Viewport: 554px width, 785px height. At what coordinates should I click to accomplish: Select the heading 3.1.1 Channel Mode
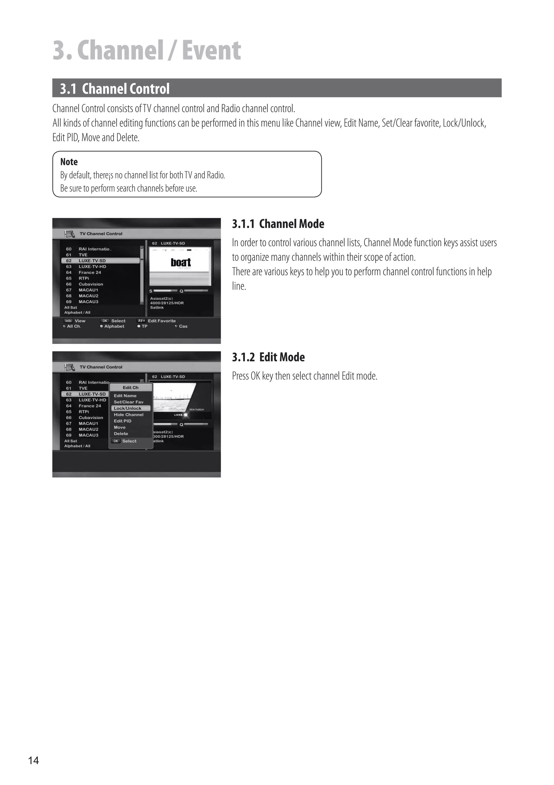(278, 224)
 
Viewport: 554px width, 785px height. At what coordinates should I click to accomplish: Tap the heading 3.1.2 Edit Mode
(268, 357)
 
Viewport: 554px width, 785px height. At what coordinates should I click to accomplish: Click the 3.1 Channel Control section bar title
(115, 89)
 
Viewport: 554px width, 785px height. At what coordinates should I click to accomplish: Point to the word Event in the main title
(211, 50)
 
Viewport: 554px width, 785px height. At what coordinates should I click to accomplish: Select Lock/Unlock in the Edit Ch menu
(127, 408)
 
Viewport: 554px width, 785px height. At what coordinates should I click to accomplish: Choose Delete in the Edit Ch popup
(121, 434)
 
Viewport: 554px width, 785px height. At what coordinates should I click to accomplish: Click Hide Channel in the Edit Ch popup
(128, 415)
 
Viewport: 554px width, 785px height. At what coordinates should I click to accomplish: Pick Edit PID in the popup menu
(123, 421)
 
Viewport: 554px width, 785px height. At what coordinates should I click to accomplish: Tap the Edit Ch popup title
(130, 387)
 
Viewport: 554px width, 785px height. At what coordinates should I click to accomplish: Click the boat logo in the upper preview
(180, 263)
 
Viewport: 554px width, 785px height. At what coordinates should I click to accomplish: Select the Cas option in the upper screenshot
(183, 326)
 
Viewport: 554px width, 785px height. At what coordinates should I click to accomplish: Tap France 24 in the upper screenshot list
(90, 273)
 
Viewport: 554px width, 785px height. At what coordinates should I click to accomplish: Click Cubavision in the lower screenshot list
(91, 417)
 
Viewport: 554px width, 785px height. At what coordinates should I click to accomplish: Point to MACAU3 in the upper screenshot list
(88, 301)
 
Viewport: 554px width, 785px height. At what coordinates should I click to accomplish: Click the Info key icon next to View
(68, 321)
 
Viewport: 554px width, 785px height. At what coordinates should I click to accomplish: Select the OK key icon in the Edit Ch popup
(116, 441)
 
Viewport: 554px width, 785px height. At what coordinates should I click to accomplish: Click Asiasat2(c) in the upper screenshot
(161, 298)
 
